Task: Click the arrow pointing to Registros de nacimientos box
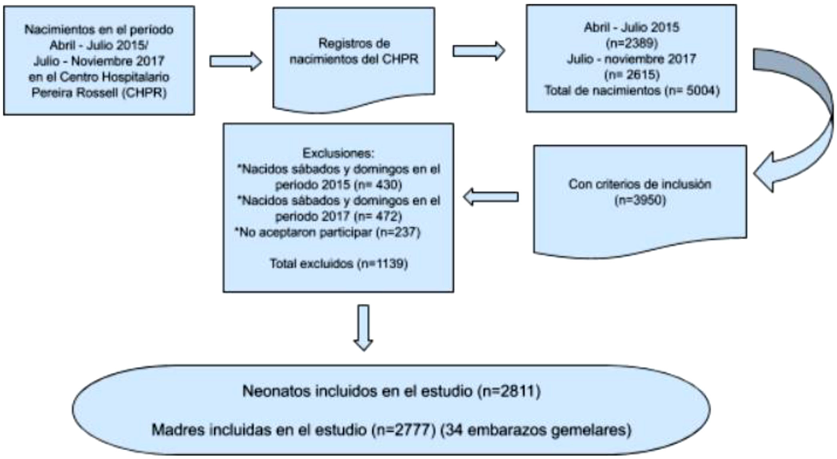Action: [x=235, y=62]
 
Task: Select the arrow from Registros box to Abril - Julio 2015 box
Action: [x=478, y=51]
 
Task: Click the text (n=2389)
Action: [x=632, y=43]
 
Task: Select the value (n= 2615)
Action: [x=632, y=74]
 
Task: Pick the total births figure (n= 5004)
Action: [x=692, y=91]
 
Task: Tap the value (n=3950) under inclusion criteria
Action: [x=640, y=200]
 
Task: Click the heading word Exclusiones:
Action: [x=338, y=153]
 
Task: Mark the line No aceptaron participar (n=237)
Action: [x=327, y=232]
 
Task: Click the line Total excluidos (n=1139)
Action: [x=338, y=264]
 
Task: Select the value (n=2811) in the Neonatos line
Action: [x=509, y=391]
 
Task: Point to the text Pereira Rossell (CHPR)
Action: [x=99, y=93]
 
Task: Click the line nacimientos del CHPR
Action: [x=354, y=59]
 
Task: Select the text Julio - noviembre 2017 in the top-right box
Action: [x=632, y=59]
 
